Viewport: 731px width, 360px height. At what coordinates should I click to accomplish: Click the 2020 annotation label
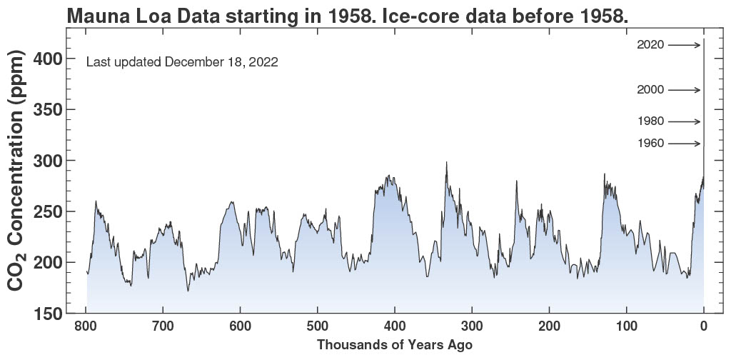(x=650, y=45)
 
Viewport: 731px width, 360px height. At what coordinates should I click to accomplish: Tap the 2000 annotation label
(x=650, y=90)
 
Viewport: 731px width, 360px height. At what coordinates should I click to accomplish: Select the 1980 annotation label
(x=650, y=121)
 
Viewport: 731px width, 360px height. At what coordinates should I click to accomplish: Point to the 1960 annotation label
(x=650, y=144)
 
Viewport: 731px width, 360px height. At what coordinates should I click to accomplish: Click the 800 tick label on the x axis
(x=86, y=327)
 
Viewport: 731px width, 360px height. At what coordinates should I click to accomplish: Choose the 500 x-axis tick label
(x=318, y=327)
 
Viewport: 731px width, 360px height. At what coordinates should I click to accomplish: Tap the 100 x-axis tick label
(x=627, y=327)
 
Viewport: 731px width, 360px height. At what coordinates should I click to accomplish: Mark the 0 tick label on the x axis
(x=704, y=327)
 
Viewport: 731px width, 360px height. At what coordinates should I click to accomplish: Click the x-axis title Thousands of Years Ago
(x=395, y=345)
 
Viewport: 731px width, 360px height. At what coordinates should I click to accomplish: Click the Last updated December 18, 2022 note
(x=182, y=62)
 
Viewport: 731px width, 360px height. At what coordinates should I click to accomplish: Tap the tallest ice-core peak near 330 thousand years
(x=447, y=163)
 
